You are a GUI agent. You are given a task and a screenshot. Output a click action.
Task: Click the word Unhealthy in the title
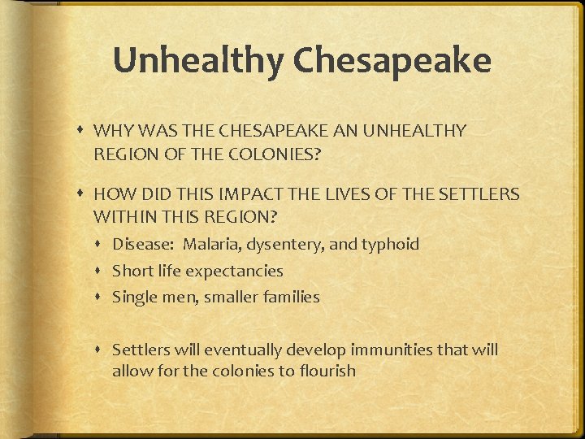click(197, 61)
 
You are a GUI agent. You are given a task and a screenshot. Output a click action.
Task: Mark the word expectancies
click(235, 271)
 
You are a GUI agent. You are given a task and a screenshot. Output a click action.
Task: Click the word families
click(290, 298)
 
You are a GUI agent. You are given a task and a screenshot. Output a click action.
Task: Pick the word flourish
click(328, 372)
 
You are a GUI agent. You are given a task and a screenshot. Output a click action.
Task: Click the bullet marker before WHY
click(84, 131)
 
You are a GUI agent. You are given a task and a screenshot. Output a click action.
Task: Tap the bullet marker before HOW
click(84, 195)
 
